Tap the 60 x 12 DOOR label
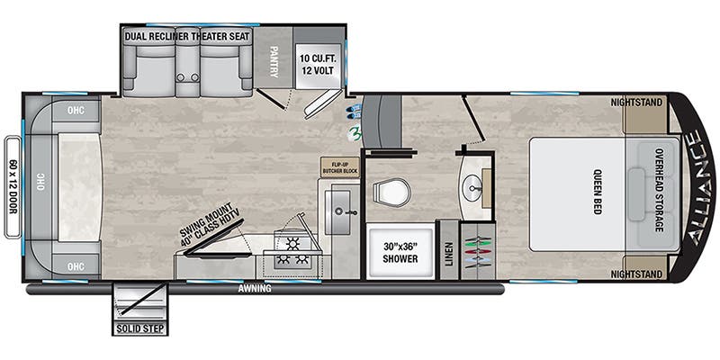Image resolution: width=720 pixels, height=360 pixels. tap(13, 186)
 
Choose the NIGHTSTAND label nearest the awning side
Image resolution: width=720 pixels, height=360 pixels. tap(642, 273)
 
